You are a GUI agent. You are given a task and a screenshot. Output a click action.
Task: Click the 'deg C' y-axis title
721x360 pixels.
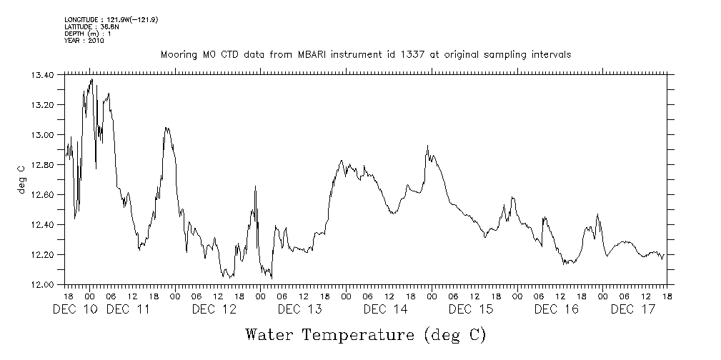(21, 179)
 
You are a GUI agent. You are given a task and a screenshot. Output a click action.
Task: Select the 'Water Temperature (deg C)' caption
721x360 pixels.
(365, 334)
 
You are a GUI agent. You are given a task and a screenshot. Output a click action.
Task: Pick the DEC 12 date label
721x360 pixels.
(214, 309)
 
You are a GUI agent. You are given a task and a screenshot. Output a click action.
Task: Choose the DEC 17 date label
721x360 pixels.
(634, 309)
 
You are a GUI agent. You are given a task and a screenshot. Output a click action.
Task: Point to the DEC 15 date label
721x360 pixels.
(471, 309)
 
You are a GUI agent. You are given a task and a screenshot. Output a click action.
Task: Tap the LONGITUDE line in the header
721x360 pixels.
(111, 19)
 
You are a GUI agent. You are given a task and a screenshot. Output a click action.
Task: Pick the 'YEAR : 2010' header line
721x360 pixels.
(84, 41)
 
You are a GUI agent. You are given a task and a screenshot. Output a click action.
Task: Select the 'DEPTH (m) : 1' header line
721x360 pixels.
(87, 34)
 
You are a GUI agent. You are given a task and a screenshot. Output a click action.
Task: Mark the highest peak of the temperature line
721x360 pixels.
(91, 79)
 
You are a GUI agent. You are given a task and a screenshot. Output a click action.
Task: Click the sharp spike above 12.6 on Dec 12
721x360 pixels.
(255, 186)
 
